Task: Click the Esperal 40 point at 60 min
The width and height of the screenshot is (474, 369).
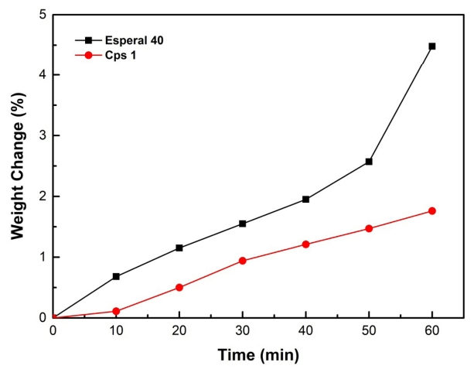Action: tap(431, 46)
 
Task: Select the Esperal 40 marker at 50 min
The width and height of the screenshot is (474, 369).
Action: tap(369, 162)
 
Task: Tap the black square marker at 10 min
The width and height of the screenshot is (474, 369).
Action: tap(116, 276)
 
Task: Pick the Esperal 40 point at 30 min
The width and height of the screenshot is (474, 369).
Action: tap(243, 224)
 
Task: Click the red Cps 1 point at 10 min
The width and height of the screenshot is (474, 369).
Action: tap(116, 311)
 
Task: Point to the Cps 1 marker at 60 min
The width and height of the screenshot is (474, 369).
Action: tap(431, 210)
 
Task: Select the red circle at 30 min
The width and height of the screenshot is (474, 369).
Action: tap(243, 261)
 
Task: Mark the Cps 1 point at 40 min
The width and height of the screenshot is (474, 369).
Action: tap(305, 244)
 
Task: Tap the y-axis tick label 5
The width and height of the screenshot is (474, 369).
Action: tap(42, 15)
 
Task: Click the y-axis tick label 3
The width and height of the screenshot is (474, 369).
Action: tap(42, 136)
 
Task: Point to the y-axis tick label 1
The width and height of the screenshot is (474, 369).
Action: tap(42, 258)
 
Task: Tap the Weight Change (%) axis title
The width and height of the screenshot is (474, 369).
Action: tap(16, 166)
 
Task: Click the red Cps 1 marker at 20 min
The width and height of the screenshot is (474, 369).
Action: tap(179, 287)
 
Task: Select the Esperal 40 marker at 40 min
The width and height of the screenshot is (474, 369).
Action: tap(305, 199)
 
